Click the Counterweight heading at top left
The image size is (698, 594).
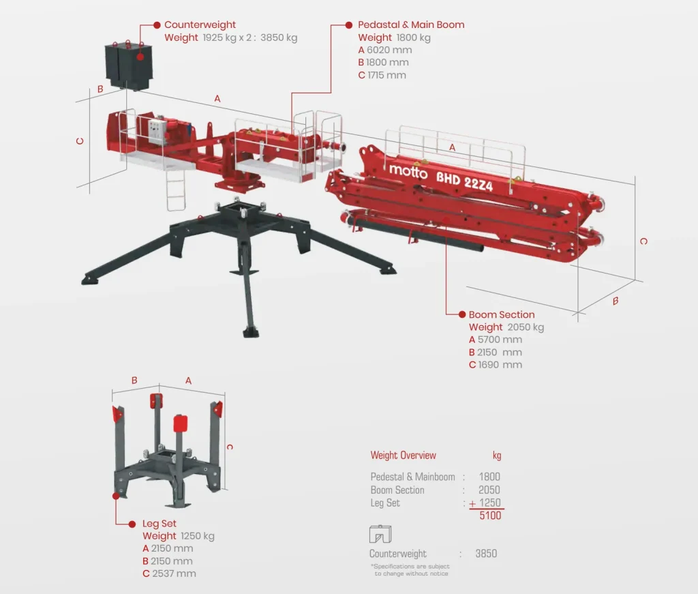(x=200, y=25)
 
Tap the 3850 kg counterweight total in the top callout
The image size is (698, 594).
(x=279, y=38)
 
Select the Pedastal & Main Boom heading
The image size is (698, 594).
(x=411, y=25)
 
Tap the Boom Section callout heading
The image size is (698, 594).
(x=502, y=314)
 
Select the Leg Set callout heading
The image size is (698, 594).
(x=160, y=524)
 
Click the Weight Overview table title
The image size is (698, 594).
(x=404, y=455)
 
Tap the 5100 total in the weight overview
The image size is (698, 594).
(x=490, y=516)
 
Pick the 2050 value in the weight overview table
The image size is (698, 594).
(x=489, y=490)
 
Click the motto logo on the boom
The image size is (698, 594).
(x=408, y=170)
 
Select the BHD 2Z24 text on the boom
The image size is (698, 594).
(x=464, y=181)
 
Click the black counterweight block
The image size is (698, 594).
(x=129, y=67)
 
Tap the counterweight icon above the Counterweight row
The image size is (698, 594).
(x=380, y=534)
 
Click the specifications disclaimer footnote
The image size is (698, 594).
(x=410, y=570)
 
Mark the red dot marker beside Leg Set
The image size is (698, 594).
(x=132, y=524)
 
